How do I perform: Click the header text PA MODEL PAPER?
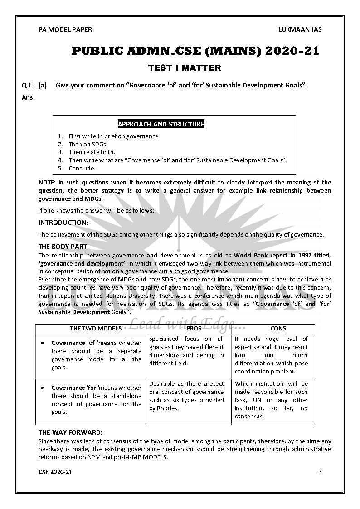65,29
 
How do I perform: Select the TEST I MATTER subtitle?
185,68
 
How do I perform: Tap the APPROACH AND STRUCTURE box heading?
161,124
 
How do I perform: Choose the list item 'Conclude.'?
82,169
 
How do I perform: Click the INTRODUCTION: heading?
63,223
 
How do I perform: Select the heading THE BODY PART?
63,247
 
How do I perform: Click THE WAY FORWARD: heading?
70,432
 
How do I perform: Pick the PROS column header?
188,328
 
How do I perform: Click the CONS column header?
278,328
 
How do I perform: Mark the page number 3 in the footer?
320,472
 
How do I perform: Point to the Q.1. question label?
28,85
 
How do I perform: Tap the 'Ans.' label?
28,97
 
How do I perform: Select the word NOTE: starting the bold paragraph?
47,182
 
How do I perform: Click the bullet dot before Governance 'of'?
42,343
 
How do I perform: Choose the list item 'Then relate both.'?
92,152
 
